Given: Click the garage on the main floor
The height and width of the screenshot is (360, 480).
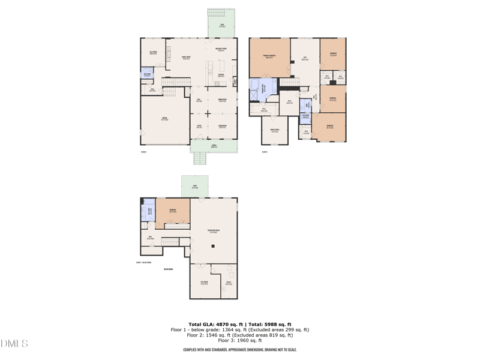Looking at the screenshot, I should (x=164, y=120).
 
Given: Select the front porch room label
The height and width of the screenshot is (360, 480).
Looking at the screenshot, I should (x=214, y=146).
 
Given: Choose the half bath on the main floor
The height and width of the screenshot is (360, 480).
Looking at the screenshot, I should (x=147, y=75).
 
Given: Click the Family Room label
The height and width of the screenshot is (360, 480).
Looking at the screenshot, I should (x=186, y=58).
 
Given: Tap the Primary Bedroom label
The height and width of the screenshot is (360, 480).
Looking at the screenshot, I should (x=269, y=58).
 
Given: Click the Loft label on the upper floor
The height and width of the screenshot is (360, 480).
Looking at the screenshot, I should (x=305, y=59).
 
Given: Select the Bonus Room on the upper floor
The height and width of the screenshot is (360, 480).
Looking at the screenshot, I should (x=274, y=130).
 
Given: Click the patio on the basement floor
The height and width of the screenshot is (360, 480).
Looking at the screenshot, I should (x=195, y=187).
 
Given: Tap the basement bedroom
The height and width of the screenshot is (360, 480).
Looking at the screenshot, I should (x=173, y=211).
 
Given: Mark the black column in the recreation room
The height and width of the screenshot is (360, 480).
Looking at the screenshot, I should (x=213, y=246).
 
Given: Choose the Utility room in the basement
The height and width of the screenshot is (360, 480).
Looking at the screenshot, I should (x=229, y=283).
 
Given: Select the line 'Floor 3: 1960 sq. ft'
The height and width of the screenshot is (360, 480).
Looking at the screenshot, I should (x=239, y=340).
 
